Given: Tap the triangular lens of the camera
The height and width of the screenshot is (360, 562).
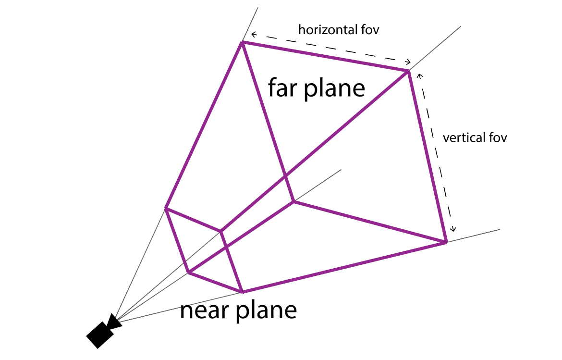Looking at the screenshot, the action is (114, 322).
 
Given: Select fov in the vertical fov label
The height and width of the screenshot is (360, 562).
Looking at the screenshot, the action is (496, 137).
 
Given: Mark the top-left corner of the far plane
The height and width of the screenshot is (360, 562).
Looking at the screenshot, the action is (242, 43).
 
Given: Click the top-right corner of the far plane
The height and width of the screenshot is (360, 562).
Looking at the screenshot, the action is (408, 71).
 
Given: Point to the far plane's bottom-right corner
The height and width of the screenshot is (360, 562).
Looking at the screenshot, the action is (445, 242).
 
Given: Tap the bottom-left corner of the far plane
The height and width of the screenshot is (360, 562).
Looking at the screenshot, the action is (293, 202).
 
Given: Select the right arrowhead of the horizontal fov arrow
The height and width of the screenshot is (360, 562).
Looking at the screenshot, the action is (409, 62).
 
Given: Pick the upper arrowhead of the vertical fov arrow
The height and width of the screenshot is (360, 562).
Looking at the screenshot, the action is (419, 75).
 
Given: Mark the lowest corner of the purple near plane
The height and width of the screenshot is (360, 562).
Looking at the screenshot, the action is (242, 291).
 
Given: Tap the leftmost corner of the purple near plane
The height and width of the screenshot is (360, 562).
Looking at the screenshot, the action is (166, 208).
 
